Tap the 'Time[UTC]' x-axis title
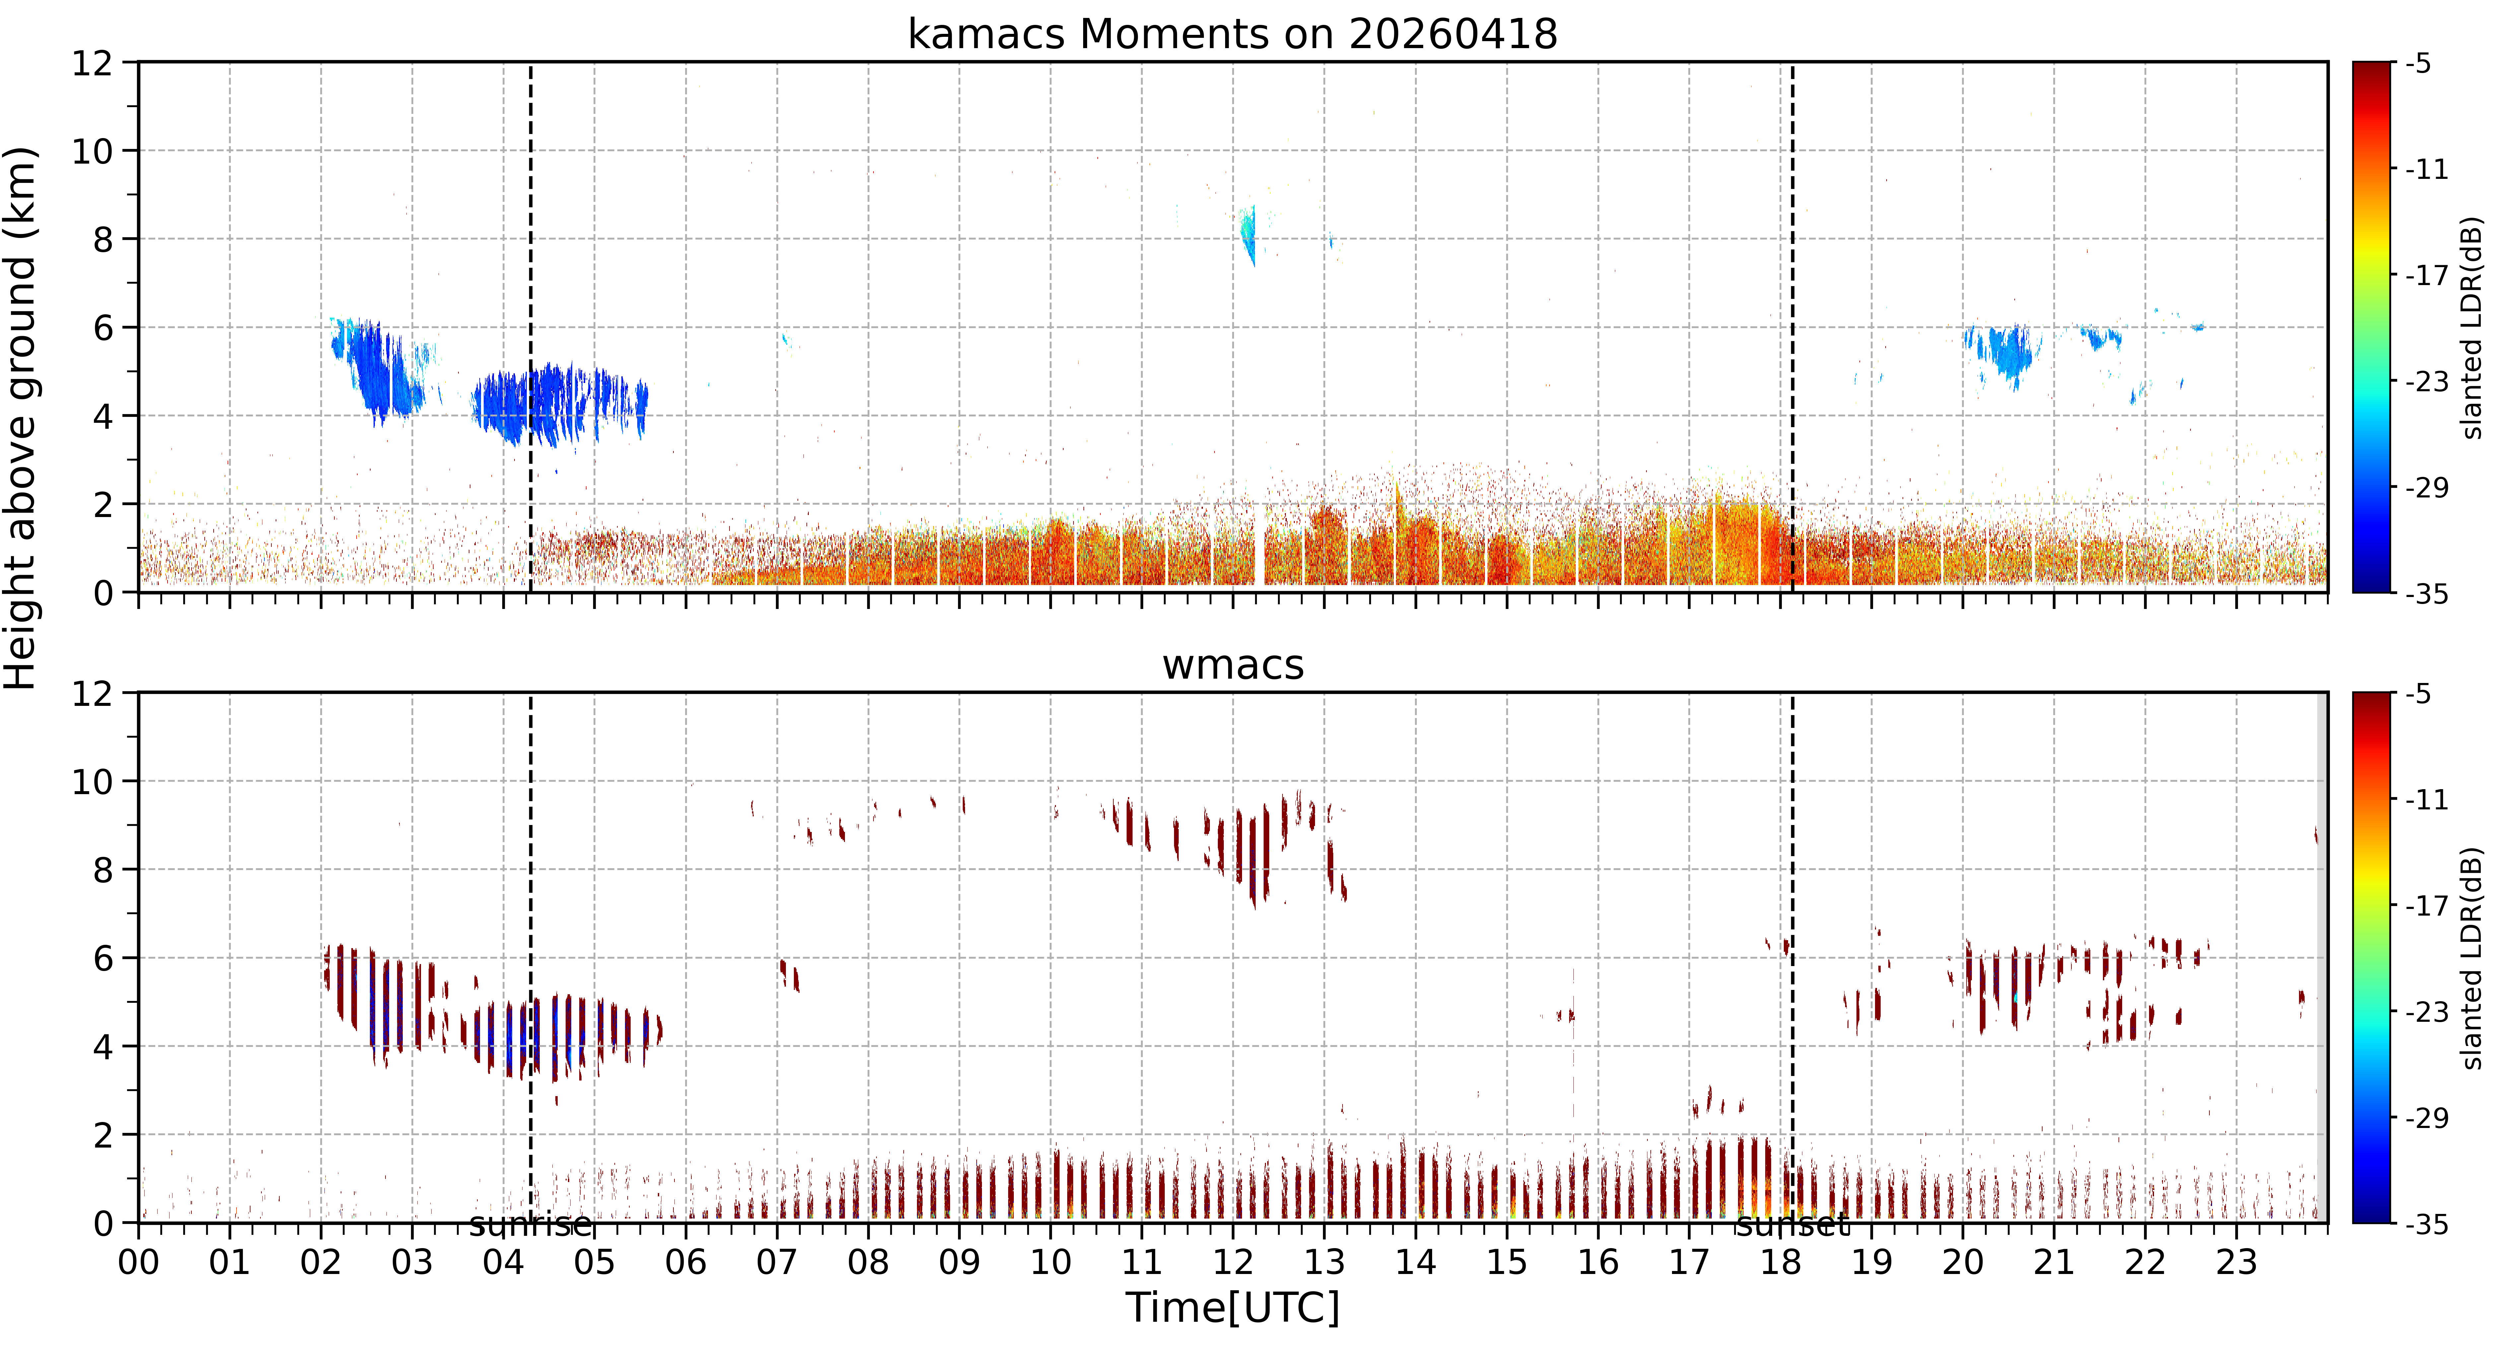(1232, 1307)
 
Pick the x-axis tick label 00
(139, 1262)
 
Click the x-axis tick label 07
(776, 1262)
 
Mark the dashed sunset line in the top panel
(1793, 327)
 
